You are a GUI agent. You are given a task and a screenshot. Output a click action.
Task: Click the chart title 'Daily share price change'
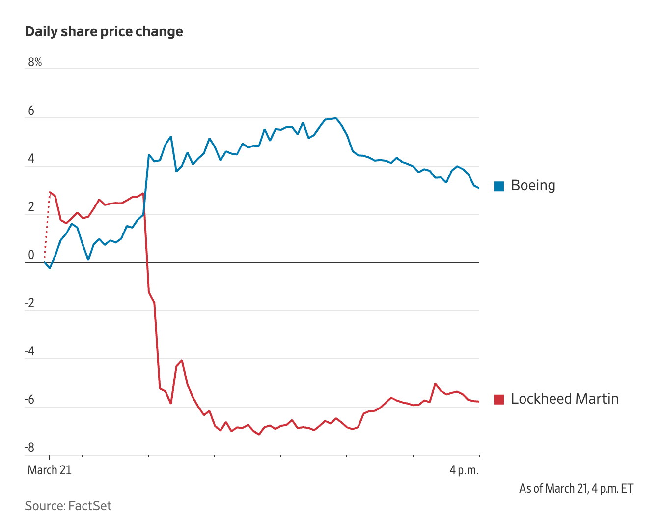tap(104, 31)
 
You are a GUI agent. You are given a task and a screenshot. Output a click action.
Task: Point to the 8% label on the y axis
tap(35, 62)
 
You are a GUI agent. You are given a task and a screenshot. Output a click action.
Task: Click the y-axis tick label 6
tap(31, 111)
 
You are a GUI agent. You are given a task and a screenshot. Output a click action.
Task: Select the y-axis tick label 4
tap(31, 159)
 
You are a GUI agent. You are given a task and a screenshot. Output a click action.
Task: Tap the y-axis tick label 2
tap(31, 207)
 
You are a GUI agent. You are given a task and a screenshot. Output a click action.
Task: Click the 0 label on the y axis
tap(31, 255)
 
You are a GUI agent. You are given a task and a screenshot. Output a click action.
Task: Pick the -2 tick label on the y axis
tap(29, 303)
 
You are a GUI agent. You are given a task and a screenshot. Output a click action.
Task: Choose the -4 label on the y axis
tap(29, 351)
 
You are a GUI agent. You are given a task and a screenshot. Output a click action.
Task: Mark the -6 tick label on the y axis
tap(29, 400)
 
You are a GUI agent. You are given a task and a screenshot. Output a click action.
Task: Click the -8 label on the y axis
tap(29, 448)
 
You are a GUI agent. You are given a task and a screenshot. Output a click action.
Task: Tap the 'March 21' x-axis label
tap(50, 470)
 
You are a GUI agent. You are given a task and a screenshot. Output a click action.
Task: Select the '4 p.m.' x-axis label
tap(464, 470)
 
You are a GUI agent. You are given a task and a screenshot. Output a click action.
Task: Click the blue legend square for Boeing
tap(499, 186)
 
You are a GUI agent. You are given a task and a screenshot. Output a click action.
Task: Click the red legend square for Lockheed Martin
tap(499, 399)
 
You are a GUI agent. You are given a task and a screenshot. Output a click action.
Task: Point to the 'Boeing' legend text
tap(533, 185)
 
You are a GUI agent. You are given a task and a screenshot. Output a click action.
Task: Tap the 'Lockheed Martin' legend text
tap(565, 399)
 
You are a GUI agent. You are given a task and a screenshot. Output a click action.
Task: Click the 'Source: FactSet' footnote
tap(68, 506)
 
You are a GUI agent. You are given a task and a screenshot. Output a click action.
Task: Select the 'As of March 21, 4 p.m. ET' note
tap(576, 488)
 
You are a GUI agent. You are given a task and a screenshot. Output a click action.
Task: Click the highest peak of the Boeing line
tap(335, 118)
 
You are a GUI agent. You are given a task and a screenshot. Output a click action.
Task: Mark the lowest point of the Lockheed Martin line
tap(259, 434)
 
